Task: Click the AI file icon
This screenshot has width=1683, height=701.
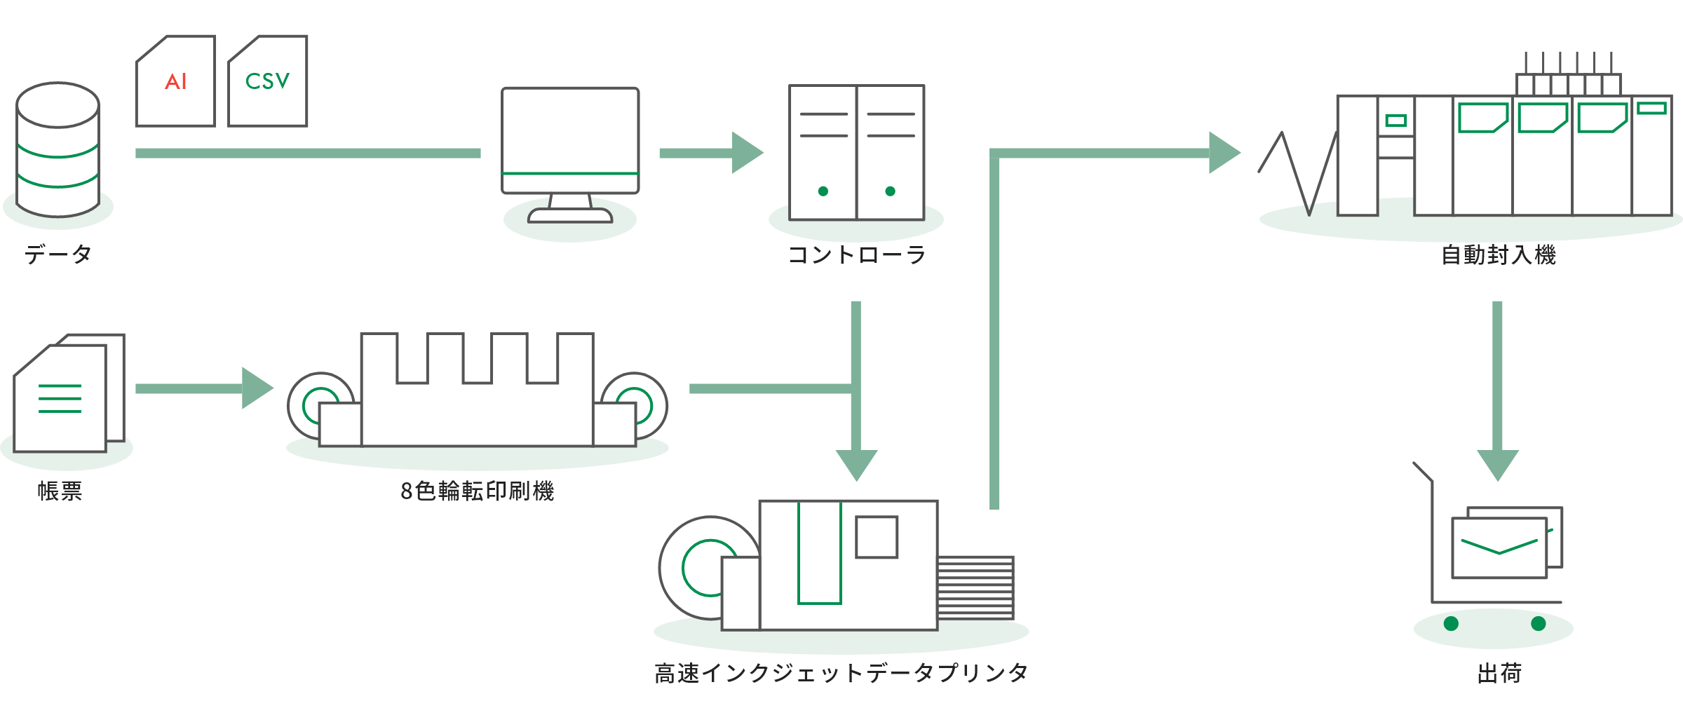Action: pos(175,82)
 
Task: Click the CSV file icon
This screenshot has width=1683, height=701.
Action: pos(267,82)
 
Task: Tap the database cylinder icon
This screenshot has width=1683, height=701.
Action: pos(58,151)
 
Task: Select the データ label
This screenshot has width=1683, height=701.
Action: pos(58,254)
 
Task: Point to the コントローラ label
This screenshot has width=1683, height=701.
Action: pos(856,254)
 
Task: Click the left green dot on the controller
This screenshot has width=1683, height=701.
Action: pos(823,191)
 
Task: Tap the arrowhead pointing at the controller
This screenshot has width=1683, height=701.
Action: pos(747,153)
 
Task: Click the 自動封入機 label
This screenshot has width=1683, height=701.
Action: pos(1498,254)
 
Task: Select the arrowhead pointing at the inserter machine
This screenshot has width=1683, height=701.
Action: pos(1224,153)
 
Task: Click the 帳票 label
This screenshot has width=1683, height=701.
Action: pos(60,491)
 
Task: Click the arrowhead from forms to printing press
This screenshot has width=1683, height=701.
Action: pos(257,388)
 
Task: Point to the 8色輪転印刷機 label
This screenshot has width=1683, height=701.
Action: pos(477,491)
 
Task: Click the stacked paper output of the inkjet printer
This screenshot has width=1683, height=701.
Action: pos(975,587)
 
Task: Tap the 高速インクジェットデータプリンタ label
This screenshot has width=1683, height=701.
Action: pos(841,673)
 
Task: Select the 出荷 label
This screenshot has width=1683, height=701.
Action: pos(1499,673)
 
